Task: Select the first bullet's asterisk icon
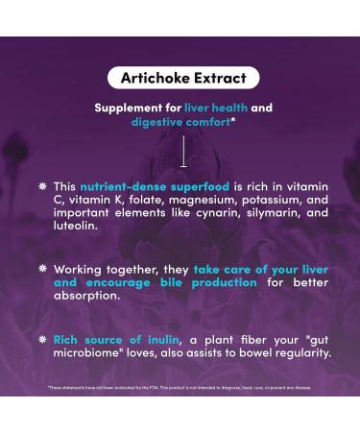click(x=42, y=185)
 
